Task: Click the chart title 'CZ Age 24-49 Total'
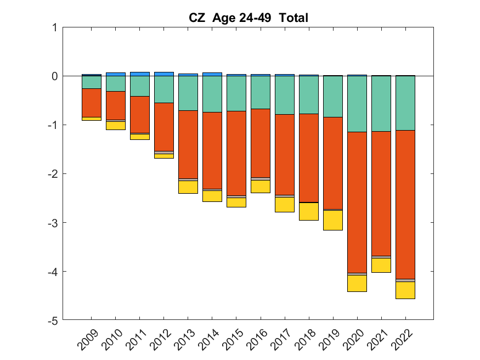[x=248, y=18]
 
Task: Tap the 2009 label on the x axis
[x=88, y=340]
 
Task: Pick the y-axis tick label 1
[x=54, y=27]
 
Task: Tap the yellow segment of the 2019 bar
[x=333, y=220]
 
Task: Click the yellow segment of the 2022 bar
[x=405, y=290]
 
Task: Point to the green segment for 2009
[x=92, y=82]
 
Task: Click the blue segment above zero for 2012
[x=164, y=74]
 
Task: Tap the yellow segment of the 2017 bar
[x=285, y=205]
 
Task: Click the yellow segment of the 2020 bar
[x=357, y=283]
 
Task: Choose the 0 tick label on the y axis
[x=54, y=76]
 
